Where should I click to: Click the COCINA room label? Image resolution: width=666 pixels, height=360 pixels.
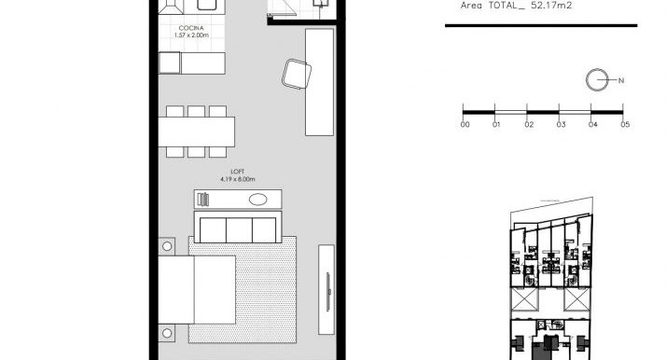pos(191,28)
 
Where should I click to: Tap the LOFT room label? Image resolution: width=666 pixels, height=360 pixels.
pos(238,172)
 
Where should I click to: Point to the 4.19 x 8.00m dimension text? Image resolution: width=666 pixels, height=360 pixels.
pos(238,179)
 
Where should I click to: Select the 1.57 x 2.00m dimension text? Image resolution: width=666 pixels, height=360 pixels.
pos(191,35)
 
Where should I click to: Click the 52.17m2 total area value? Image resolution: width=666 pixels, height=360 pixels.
pos(551,6)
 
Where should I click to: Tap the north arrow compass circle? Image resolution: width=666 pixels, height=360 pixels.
pos(597,79)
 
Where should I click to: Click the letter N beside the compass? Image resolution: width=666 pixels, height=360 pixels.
pos(621,80)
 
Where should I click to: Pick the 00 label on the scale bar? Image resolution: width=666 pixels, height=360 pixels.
pos(465,124)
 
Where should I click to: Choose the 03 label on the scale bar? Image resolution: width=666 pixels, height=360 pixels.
pos(562,124)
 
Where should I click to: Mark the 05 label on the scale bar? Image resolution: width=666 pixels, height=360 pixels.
pos(625,124)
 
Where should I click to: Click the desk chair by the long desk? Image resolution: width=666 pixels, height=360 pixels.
pos(297,74)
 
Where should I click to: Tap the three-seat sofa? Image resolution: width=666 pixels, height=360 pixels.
pos(238,228)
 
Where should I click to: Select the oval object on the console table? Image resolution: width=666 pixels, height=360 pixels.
pos(257,200)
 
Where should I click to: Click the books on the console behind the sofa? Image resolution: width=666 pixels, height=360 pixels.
pos(204,200)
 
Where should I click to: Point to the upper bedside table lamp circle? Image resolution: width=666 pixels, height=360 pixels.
pos(167,246)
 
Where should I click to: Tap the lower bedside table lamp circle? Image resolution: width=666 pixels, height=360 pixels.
pos(167,333)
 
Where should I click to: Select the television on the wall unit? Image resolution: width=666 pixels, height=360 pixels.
pos(328,292)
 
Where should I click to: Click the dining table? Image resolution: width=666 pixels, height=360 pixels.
pos(197,132)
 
